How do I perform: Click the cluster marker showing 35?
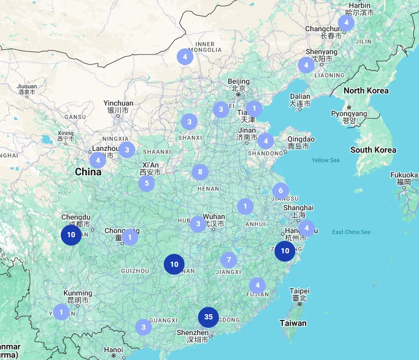pos(208,317)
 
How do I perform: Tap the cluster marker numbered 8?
pos(200,172)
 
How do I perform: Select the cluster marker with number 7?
pos(229,260)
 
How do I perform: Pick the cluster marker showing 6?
pos(280,191)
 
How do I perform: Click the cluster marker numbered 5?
pos(147,183)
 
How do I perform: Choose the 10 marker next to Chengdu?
pos(71,235)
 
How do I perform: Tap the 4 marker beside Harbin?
pos(346,22)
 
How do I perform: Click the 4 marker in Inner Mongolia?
pos(185,57)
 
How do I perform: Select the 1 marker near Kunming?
pos(61,312)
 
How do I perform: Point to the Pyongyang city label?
pos(349,113)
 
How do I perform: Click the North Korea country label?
pos(365,91)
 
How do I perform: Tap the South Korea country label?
pos(373,150)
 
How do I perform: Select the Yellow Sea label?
pos(325,160)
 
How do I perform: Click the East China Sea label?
pos(351,232)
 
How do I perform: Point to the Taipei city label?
pos(299,291)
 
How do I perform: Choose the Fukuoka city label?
pos(404,175)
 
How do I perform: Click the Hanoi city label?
pos(113,350)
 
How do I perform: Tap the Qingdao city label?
pos(301,139)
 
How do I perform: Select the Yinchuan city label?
pos(118,104)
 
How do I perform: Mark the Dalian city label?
pos(300,96)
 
